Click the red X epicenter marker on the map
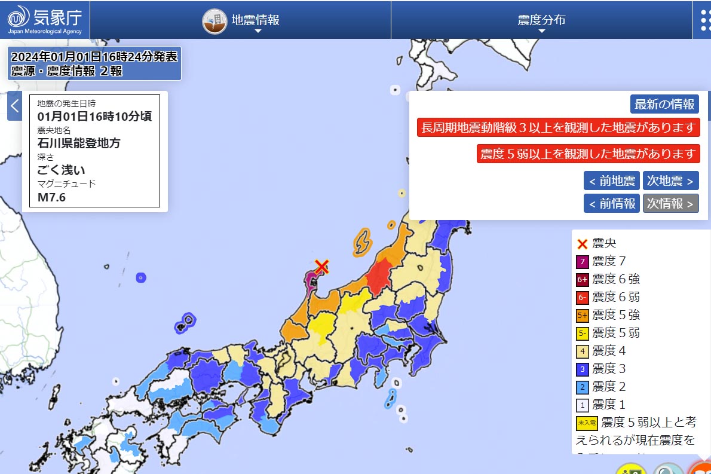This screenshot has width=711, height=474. (322, 266)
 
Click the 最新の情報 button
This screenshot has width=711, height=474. (664, 104)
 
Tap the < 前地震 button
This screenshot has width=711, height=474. (611, 181)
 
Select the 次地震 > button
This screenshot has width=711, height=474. (670, 181)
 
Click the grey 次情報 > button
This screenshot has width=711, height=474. (670, 203)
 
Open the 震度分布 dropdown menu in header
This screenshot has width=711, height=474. (541, 20)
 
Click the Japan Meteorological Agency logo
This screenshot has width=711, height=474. (45, 20)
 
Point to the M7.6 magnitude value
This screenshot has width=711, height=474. (52, 197)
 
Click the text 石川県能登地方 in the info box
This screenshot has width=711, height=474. (79, 143)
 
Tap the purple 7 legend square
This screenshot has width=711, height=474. (583, 261)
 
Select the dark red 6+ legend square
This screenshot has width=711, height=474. (583, 279)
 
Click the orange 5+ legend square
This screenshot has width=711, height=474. (583, 315)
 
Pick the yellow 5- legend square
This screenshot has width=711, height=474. (583, 333)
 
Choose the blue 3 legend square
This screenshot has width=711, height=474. (583, 369)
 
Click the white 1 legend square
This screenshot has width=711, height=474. (583, 405)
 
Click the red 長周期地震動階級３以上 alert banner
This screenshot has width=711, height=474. (557, 127)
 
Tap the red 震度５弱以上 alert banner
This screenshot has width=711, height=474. (588, 154)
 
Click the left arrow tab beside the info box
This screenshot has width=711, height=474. (15, 106)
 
